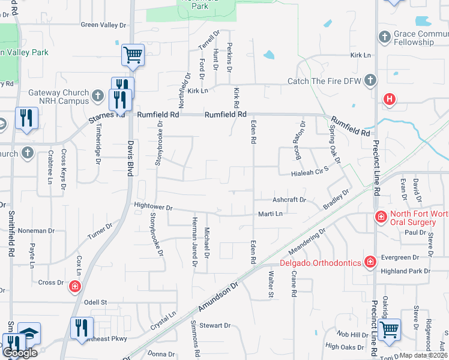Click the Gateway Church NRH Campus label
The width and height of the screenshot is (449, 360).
pyautogui.click(x=57, y=97)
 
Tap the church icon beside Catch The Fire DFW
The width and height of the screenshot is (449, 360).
pyautogui.click(x=370, y=80)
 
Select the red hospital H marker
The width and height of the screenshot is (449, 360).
pyautogui.click(x=390, y=99)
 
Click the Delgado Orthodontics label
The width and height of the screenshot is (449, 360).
pyautogui.click(x=320, y=262)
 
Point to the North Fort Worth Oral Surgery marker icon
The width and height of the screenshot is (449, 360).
pyautogui.click(x=380, y=217)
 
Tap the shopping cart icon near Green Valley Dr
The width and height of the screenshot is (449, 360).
pyautogui.click(x=133, y=55)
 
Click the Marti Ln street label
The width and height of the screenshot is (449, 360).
pyautogui.click(x=270, y=213)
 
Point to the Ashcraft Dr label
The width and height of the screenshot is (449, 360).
pyautogui.click(x=289, y=199)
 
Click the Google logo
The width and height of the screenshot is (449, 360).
pyautogui.click(x=20, y=352)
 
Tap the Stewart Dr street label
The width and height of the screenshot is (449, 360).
pyautogui.click(x=215, y=326)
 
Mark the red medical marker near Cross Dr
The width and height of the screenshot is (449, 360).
pyautogui.click(x=75, y=286)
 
